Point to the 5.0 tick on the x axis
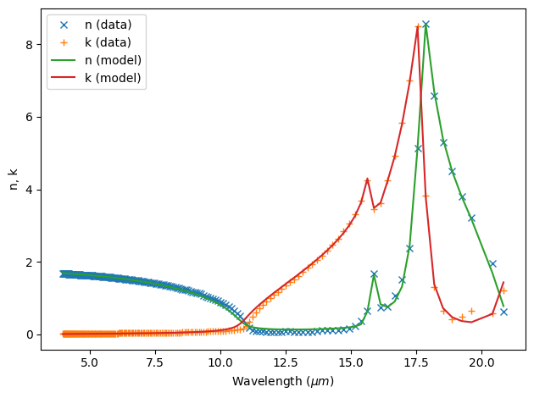tap(90, 363)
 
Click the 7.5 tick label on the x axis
tap(155, 363)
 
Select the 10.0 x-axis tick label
tap(220, 363)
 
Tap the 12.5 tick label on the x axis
tap(286, 363)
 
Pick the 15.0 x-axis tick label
tap(352, 363)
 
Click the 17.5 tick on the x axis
tap(417, 363)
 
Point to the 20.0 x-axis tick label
tap(482, 363)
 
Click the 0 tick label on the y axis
tap(31, 334)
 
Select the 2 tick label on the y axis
tap(31, 262)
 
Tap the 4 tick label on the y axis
tap(31, 189)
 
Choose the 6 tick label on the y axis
tap(31, 116)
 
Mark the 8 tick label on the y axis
tap(31, 44)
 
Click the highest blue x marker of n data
tap(426, 25)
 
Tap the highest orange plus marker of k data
tap(418, 27)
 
